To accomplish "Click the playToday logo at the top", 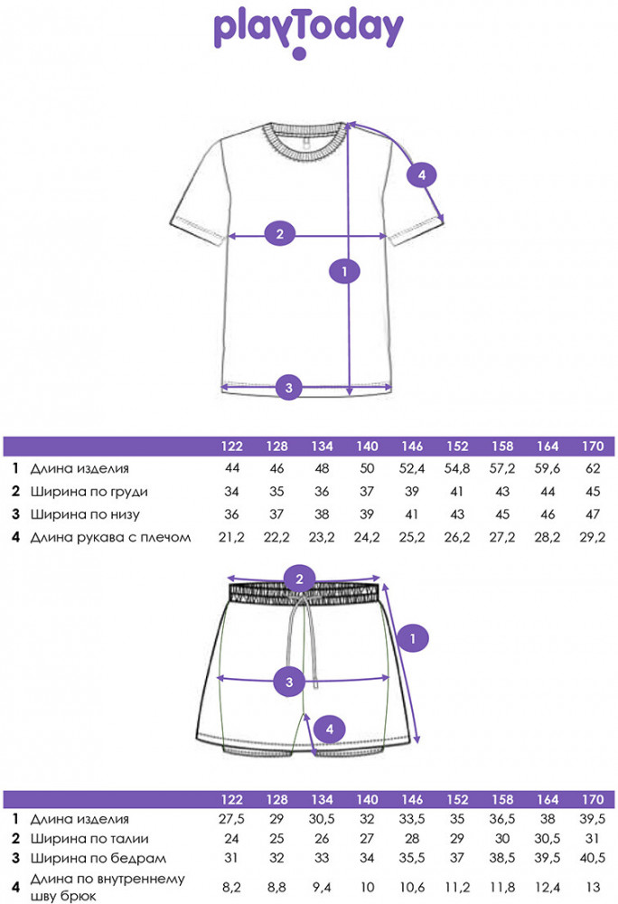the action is click(308, 33).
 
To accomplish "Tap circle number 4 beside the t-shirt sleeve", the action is click(422, 174).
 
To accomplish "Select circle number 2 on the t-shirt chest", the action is click(280, 234).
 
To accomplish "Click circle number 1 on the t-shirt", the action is click(344, 271).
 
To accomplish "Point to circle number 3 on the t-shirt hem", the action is click(289, 388).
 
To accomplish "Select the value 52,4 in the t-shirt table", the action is click(412, 468).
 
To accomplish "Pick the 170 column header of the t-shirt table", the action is click(593, 447).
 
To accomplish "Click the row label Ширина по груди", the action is click(89, 492).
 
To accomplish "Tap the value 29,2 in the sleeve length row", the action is click(593, 537).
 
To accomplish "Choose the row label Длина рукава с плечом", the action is click(110, 537).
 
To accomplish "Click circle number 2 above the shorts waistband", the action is click(299, 579).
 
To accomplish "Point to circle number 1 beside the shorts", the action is click(412, 638).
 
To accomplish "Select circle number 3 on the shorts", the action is click(290, 682).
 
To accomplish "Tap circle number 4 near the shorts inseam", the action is click(330, 729).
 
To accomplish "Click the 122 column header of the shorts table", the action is click(231, 800).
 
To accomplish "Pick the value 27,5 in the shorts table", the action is click(231, 819).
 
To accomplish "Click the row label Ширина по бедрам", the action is click(98, 859).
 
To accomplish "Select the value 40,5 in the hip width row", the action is click(593, 859).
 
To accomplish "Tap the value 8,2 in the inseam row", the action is click(231, 888).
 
